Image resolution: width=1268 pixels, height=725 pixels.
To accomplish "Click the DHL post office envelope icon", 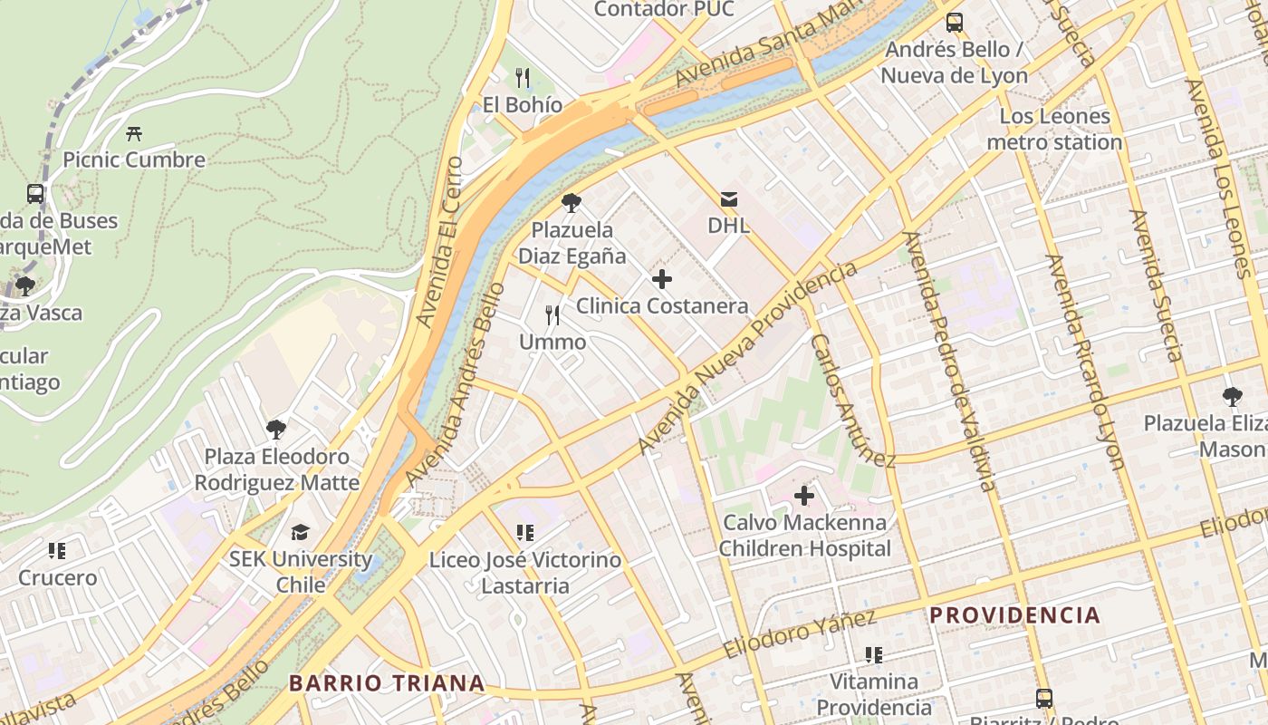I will pyautogui.click(x=729, y=199).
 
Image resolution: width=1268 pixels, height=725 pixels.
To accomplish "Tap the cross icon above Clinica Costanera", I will pyautogui.click(x=662, y=279).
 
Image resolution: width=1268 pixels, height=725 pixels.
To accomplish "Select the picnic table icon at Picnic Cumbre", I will pyautogui.click(x=134, y=133).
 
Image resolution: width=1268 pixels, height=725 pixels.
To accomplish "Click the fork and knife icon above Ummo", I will pyautogui.click(x=552, y=315).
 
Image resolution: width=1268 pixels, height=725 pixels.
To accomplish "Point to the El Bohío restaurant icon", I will pyautogui.click(x=522, y=78).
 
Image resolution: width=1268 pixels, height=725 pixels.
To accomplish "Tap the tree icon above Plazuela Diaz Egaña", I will pyautogui.click(x=571, y=203).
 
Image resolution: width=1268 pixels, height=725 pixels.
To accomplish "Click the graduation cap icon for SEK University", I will pyautogui.click(x=300, y=532).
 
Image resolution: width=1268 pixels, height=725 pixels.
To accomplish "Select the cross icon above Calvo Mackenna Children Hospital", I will pyautogui.click(x=803, y=496).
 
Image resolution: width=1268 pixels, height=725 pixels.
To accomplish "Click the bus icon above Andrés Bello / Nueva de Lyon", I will pyautogui.click(x=955, y=23).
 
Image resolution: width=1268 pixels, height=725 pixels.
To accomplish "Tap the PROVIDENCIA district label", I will pyautogui.click(x=1014, y=615).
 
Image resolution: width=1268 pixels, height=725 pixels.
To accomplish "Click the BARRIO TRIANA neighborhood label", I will pyautogui.click(x=387, y=683).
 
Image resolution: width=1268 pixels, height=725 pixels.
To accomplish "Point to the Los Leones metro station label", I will pyautogui.click(x=1054, y=129).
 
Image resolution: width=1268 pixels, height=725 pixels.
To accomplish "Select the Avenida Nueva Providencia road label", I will pyautogui.click(x=747, y=359).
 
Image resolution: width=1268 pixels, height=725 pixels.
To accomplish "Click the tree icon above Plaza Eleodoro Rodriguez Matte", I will pyautogui.click(x=276, y=430).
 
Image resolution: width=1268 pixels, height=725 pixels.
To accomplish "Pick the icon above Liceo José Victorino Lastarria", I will pyautogui.click(x=524, y=533).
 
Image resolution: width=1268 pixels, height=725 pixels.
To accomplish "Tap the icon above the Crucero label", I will pyautogui.click(x=57, y=551).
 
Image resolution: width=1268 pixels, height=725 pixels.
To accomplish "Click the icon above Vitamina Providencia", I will pyautogui.click(x=873, y=654).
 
